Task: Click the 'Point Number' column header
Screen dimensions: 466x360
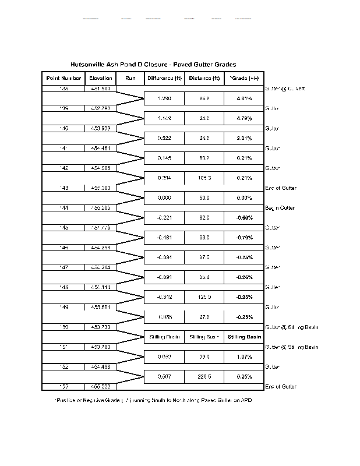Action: click(x=63, y=78)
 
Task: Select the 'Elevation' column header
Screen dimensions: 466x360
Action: click(x=101, y=78)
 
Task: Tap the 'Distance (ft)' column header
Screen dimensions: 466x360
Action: click(x=204, y=78)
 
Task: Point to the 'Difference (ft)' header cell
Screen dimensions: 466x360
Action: click(x=164, y=78)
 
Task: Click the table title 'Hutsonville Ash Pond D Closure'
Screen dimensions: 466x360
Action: click(x=153, y=65)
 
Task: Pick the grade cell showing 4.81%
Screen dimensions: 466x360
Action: click(x=244, y=98)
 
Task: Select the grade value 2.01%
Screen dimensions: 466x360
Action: click(x=244, y=138)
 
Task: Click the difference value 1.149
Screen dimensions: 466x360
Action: click(x=164, y=118)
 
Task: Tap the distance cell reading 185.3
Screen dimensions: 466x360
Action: click(x=204, y=178)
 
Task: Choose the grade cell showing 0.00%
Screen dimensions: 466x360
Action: click(x=244, y=198)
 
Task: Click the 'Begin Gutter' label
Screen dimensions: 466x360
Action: click(x=280, y=208)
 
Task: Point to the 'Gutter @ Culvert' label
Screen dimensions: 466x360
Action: click(x=285, y=89)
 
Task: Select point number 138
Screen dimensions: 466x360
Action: click(x=63, y=89)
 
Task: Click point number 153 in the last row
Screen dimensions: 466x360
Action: click(x=63, y=387)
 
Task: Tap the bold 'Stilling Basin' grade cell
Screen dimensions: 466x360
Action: click(x=244, y=337)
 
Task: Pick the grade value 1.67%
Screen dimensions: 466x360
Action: click(x=244, y=356)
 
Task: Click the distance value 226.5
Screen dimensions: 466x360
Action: click(x=204, y=376)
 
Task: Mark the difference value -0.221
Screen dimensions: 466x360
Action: click(x=164, y=218)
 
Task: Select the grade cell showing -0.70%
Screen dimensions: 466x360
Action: click(x=244, y=238)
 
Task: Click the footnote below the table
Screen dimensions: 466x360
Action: click(x=153, y=400)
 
